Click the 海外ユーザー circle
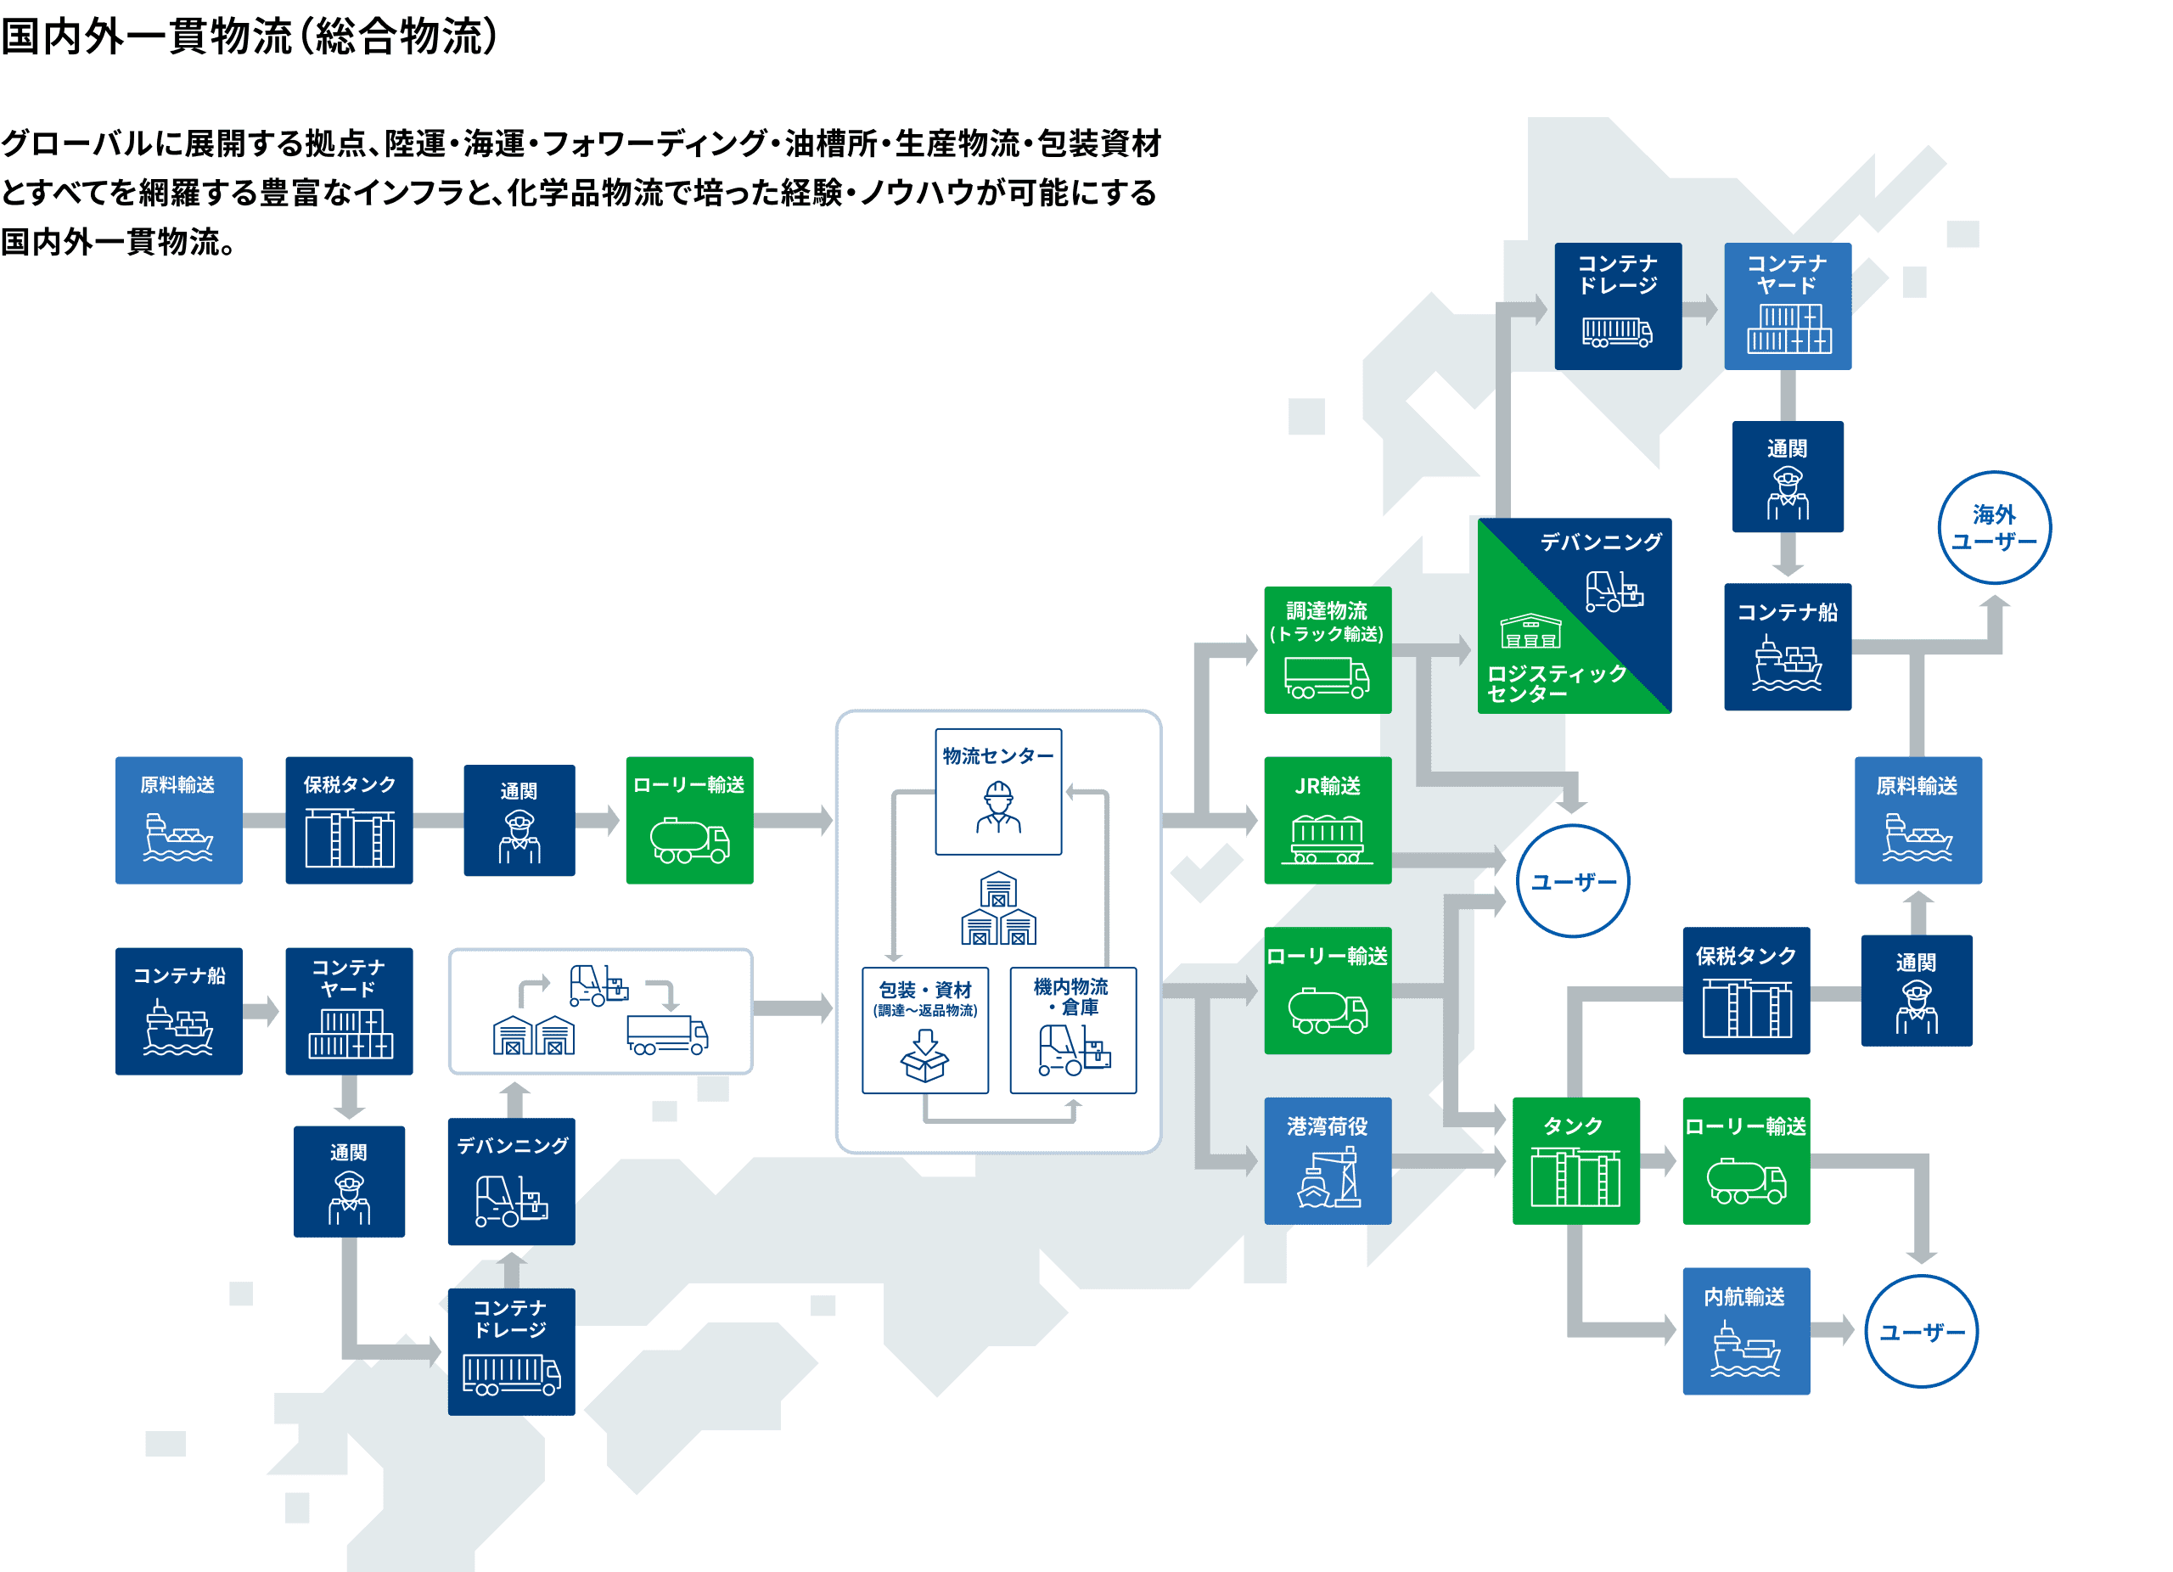click(x=1994, y=528)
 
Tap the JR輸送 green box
click(x=1327, y=820)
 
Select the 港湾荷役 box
click(x=1327, y=1160)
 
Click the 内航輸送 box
click(x=1746, y=1331)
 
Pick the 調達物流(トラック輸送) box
click(x=1327, y=649)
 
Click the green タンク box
click(x=1575, y=1160)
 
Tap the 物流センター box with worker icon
click(x=997, y=791)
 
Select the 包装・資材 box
click(x=924, y=1030)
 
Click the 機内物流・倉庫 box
click(x=1072, y=1030)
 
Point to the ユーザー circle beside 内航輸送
click(x=1921, y=1331)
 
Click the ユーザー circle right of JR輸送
click(x=1572, y=881)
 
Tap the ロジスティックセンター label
click(x=1554, y=683)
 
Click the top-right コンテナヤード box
click(x=1787, y=306)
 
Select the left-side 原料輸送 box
click(x=178, y=820)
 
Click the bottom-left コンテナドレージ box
click(x=511, y=1350)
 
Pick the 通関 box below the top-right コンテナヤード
click(x=1787, y=476)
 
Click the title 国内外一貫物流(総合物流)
click(x=249, y=36)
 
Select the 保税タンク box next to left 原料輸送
click(x=349, y=820)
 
